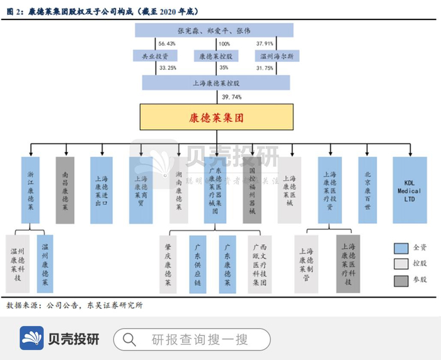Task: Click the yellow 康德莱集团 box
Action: pos(215,118)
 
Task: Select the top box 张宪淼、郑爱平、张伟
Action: pos(215,30)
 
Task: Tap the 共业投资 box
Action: pos(150,56)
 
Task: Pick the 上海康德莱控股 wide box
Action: pos(215,83)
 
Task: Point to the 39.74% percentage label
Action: pos(232,97)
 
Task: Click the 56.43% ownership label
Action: pos(167,44)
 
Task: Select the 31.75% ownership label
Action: pos(265,68)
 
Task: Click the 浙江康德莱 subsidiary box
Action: pos(30,190)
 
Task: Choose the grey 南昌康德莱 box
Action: pos(66,190)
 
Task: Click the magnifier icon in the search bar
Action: pos(129,339)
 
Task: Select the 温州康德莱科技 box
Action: pos(18,264)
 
